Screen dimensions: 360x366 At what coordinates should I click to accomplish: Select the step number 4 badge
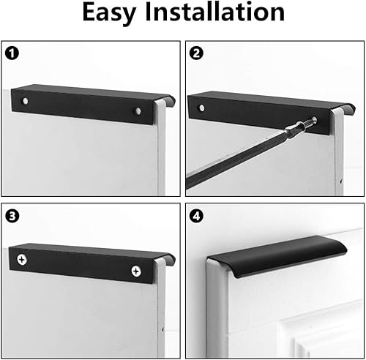[197, 216]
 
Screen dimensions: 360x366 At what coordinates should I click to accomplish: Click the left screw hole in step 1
[26, 99]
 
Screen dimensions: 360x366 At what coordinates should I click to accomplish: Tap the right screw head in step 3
[135, 271]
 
